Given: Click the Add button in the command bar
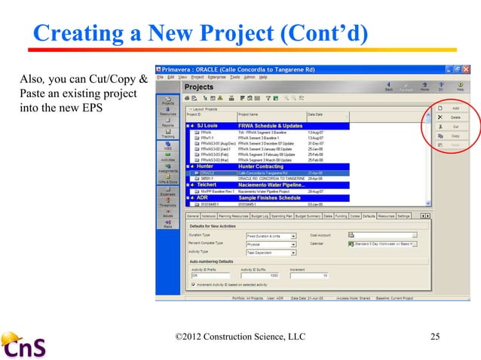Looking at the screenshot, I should point(450,108).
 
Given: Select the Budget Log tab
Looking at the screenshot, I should point(261,216).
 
